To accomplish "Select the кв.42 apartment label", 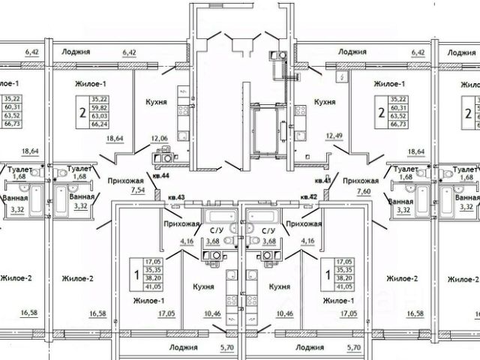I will coord(307,196).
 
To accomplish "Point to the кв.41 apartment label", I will coord(323,181).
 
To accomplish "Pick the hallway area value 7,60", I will coord(358,191).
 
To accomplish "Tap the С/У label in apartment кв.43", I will coord(217,231).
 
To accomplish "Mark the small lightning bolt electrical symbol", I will coord(340,77).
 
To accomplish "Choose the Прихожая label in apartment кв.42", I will coord(304,223).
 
